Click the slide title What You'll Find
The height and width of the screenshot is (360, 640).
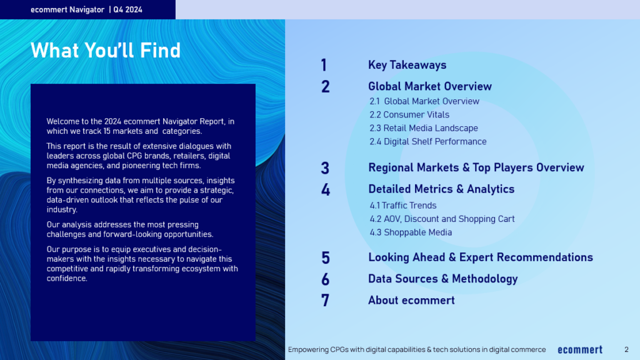coord(105,50)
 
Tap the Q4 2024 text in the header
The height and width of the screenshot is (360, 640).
coord(127,10)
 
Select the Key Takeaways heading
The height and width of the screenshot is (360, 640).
coord(407,65)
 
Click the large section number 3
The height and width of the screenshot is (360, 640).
coord(325,168)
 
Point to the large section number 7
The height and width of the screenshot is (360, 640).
coord(325,301)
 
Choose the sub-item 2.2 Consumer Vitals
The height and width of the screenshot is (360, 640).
coord(409,115)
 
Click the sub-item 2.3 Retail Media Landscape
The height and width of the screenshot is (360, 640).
coord(424,128)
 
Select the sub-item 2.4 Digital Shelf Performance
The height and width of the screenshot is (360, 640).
coord(427,142)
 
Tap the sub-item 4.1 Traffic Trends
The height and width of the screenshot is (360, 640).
coord(403,205)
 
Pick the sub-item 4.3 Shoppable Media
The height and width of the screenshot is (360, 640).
coord(411,232)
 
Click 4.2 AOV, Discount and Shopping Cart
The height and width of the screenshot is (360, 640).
coord(442,219)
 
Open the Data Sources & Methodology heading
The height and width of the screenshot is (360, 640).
coord(443,279)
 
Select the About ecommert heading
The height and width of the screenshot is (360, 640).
coord(411,301)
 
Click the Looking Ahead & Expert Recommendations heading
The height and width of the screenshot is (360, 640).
coord(481,257)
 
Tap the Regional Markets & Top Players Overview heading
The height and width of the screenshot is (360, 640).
coord(476,167)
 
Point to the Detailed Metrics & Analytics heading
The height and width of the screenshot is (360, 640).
coord(441,189)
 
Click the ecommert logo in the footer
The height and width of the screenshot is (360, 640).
coord(580,350)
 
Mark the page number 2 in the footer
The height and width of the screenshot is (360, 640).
coord(626,349)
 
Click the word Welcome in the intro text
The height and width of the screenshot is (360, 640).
coord(62,121)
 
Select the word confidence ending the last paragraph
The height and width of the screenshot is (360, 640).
coord(66,278)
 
